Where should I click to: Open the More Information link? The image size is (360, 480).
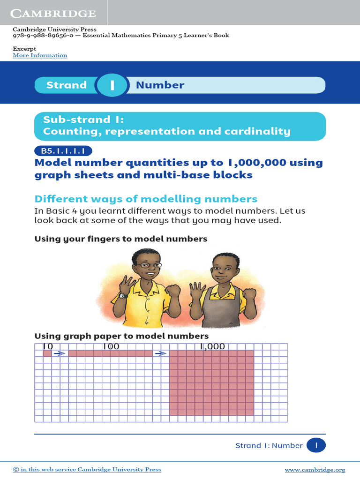click(40, 55)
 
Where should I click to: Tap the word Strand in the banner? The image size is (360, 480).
click(67, 85)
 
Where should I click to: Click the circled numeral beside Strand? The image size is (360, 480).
click(112, 85)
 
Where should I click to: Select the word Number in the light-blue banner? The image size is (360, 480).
click(160, 85)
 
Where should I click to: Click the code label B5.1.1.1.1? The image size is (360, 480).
click(63, 151)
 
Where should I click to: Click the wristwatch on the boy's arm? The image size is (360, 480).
click(123, 295)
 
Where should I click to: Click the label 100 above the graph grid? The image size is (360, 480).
click(111, 347)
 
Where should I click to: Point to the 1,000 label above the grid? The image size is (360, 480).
click(212, 347)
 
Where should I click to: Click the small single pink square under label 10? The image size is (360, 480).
click(47, 353)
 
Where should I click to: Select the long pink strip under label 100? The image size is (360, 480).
click(111, 353)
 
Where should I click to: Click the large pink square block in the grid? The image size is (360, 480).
click(211, 382)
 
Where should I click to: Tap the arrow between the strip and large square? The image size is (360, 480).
click(161, 353)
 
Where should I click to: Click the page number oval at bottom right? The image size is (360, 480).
click(316, 445)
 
